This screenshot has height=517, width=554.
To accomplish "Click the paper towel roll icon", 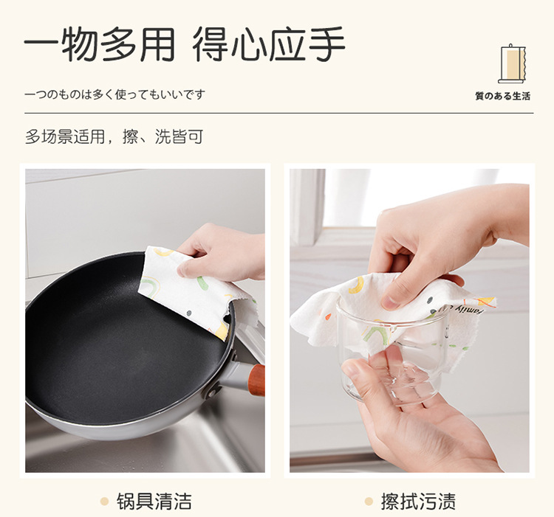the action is (511, 64).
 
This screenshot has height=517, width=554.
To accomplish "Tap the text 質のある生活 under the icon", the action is (503, 97).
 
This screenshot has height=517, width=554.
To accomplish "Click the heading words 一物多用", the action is (100, 44).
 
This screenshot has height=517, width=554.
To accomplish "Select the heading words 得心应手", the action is (269, 44).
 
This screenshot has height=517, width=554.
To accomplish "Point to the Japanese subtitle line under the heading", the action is (114, 94).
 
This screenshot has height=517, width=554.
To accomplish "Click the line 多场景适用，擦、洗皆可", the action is (114, 136).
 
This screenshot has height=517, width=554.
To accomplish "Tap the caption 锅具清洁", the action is (154, 501).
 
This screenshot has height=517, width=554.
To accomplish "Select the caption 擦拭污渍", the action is (418, 501).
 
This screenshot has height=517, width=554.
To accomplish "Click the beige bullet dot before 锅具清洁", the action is (104, 501).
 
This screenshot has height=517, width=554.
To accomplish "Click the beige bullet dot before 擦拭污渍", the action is (369, 501).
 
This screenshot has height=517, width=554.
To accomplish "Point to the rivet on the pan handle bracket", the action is (212, 392).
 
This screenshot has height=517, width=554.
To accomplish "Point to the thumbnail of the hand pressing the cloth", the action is (391, 302).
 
